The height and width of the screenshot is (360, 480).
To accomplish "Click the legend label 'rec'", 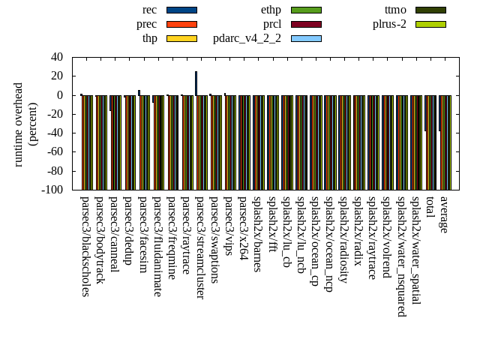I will pos(149,10).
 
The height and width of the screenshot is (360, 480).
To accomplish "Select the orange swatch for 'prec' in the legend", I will pos(181,24).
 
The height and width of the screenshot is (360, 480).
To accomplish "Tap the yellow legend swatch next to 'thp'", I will pos(181,38).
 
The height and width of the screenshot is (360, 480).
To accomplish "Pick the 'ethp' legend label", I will pos(271,10).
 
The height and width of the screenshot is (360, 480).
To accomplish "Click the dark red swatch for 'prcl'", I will pos(306,24).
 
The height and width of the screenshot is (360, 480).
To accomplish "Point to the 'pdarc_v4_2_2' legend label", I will pos(247,38).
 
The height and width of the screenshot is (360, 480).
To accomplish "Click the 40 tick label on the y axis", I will pos(57,57).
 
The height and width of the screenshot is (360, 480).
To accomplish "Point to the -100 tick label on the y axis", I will pos(52,190).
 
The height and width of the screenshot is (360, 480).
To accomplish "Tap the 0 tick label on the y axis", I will pos(60,95).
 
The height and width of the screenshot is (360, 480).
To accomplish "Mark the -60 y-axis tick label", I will pos(55,151).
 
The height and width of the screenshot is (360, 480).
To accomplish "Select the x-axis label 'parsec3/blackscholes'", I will pos(85,246).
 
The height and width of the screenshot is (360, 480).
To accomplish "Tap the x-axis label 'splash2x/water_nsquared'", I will pos(402,256).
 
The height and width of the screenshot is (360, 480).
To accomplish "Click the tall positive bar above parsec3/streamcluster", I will pos(196,83).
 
